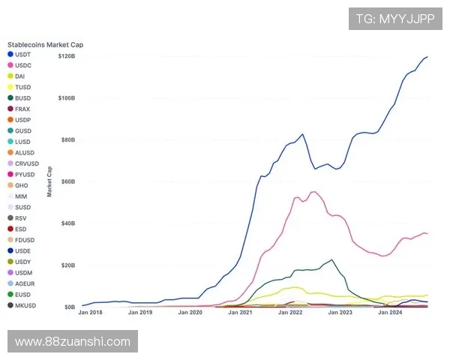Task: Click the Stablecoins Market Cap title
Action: coord(45,45)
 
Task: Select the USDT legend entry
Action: coord(22,55)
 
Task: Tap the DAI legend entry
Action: coord(20,76)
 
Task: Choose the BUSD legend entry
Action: coord(22,98)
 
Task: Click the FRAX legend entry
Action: coord(22,109)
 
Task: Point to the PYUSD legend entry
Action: coord(24,174)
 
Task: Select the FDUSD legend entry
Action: coord(24,240)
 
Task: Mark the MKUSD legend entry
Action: coord(25,305)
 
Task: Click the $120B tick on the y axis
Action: coord(67,57)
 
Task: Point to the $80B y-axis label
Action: coord(68,140)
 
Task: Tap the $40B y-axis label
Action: coord(68,223)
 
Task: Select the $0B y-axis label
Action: coord(70,307)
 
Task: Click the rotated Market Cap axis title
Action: coord(49,181)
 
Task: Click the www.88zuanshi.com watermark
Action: coord(72,342)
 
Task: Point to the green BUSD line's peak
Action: coord(331,259)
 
